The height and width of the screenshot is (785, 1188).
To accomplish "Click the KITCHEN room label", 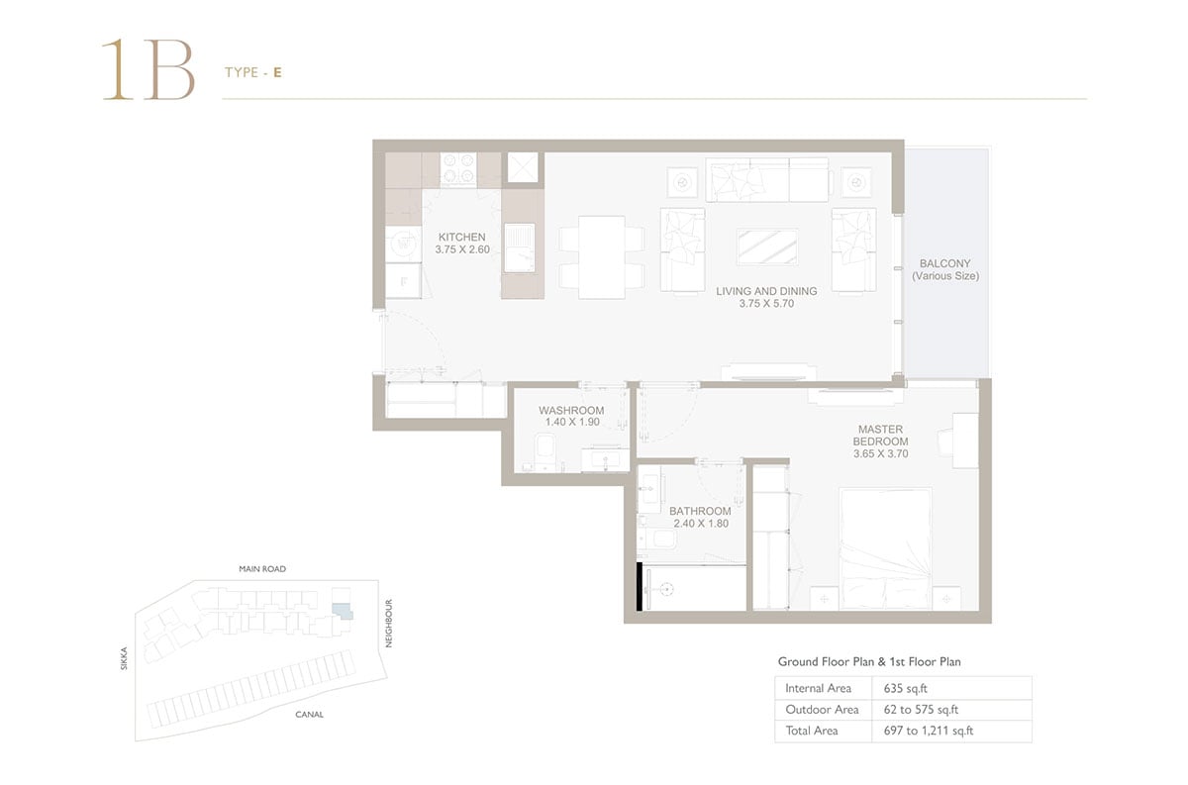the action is [461, 238].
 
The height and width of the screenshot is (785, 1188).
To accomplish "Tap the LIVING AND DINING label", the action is [766, 291].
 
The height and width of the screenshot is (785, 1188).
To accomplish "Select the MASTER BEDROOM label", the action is [880, 435].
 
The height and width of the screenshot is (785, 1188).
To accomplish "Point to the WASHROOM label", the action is [571, 410].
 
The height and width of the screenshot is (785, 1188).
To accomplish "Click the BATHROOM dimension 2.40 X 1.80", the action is [701, 524].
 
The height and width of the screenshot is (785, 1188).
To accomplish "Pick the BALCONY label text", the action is [945, 263].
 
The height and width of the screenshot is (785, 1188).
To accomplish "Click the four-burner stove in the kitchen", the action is [458, 168].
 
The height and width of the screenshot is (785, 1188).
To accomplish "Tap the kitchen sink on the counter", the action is [519, 247].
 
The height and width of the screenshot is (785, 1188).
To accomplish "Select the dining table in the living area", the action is [602, 257].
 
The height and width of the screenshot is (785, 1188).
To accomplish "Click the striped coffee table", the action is [767, 246].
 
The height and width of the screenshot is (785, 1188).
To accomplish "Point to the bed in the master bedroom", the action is [885, 548].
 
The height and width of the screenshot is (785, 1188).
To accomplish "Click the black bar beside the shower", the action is [640, 587].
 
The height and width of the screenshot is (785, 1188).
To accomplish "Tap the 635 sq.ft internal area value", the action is [905, 688].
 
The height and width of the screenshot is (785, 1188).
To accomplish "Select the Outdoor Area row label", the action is [822, 710].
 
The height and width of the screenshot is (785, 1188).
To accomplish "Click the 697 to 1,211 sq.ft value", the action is [929, 731].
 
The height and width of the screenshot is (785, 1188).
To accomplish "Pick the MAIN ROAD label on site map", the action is [262, 569].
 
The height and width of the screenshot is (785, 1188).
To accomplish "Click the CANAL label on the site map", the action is [309, 715].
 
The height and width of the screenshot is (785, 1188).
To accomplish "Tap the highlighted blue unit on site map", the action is [343, 611].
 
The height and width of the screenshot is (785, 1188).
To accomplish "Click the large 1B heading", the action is [148, 69].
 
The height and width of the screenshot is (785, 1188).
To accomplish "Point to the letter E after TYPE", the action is [277, 72].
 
